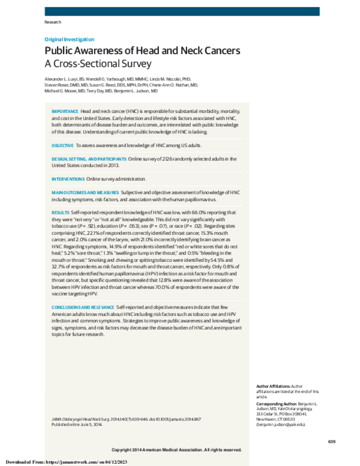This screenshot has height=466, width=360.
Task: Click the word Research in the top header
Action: point(53,22)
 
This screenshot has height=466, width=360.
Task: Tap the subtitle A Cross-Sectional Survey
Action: point(98,63)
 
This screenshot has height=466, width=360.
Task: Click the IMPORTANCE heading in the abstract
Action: point(65,112)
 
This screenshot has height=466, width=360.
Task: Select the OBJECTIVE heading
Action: point(62,146)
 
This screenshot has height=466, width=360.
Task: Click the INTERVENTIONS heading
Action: point(68,179)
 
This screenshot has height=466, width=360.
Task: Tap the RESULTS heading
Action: point(60,213)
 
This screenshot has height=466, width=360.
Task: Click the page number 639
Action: point(331,442)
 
